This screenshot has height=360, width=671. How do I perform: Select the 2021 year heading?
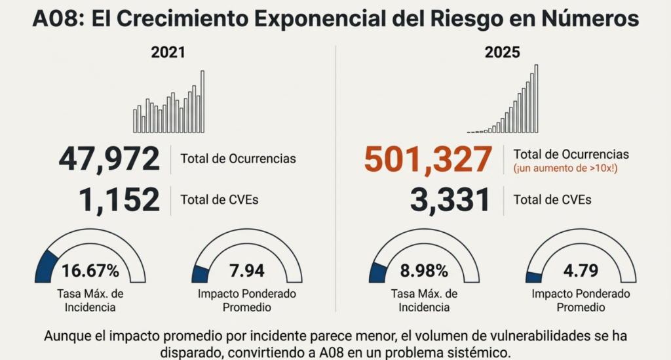click(x=168, y=53)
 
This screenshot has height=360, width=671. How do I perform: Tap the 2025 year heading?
click(x=502, y=53)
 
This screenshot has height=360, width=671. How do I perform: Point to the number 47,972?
click(x=109, y=159)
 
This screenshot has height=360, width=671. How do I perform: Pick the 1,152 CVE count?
click(x=119, y=199)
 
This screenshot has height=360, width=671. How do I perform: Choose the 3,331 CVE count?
click(x=450, y=199)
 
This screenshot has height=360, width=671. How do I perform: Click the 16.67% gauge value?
click(x=90, y=271)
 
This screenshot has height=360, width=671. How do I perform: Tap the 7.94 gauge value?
click(x=247, y=271)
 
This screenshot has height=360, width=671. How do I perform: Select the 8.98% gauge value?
click(x=423, y=271)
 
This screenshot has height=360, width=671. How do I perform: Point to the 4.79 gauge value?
click(x=579, y=271)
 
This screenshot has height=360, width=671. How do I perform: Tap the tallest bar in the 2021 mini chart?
click(x=202, y=102)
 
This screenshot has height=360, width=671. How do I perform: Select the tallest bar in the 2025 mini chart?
click(x=536, y=98)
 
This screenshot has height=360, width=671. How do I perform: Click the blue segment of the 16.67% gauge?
click(x=46, y=265)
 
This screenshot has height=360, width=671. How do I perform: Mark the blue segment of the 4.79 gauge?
click(x=533, y=277)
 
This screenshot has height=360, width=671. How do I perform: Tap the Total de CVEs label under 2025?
click(x=552, y=199)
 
